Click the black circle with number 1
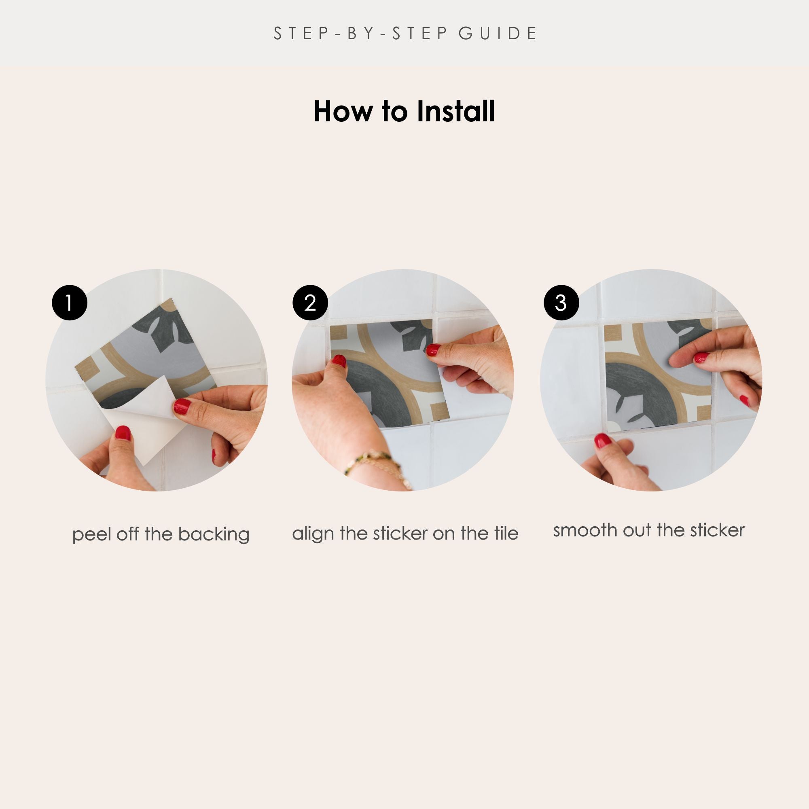tap(70, 303)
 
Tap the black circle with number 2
tap(310, 303)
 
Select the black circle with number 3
tap(561, 303)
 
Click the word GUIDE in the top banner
tap(498, 34)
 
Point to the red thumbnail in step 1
tap(123, 433)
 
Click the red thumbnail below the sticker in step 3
tap(603, 441)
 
